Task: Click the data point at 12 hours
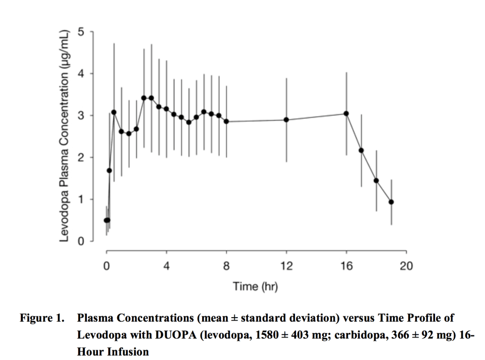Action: point(286,120)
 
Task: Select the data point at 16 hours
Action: point(346,114)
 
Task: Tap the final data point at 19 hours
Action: point(391,202)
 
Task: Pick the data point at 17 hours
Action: point(361,150)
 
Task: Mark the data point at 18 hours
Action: point(376,180)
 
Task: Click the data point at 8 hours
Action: point(226,122)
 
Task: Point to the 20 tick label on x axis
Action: point(406,266)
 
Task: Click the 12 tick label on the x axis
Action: point(286,266)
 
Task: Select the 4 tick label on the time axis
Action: point(167,266)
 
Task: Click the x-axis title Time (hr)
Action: point(256,287)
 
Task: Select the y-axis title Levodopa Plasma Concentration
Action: point(64,136)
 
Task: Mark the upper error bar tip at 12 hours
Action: point(286,79)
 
